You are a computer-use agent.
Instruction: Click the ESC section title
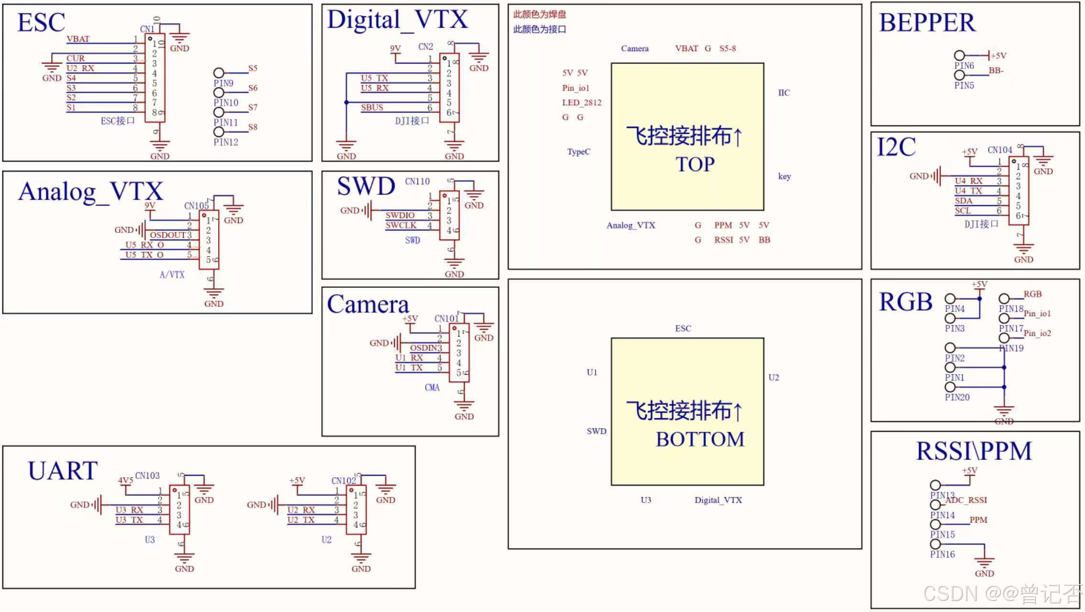coord(41,22)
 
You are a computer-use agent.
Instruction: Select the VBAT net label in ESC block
coord(78,39)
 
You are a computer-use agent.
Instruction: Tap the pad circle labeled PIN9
coord(219,73)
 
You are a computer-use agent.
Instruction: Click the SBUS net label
coord(372,107)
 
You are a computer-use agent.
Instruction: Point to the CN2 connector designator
coord(425,46)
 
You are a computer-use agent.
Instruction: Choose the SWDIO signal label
coord(400,215)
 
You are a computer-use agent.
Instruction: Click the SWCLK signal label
coord(401,225)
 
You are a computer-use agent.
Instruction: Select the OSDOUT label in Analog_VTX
coord(167,235)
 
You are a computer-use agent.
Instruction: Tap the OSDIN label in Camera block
coord(423,348)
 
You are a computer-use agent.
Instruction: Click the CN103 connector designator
coord(147,475)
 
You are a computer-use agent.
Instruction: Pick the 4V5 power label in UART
coord(125,480)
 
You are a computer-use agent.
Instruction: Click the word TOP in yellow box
coord(695,164)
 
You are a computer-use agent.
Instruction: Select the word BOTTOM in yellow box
coord(700,439)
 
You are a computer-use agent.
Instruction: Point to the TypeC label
coord(579,152)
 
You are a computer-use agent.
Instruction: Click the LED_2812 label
coord(581,102)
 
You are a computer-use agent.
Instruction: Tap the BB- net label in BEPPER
coord(996,70)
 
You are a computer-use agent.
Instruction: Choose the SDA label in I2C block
coord(963,201)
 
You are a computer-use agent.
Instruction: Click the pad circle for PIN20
coord(950,387)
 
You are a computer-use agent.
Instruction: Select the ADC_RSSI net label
coord(966,500)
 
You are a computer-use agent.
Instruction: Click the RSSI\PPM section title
coord(974,451)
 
